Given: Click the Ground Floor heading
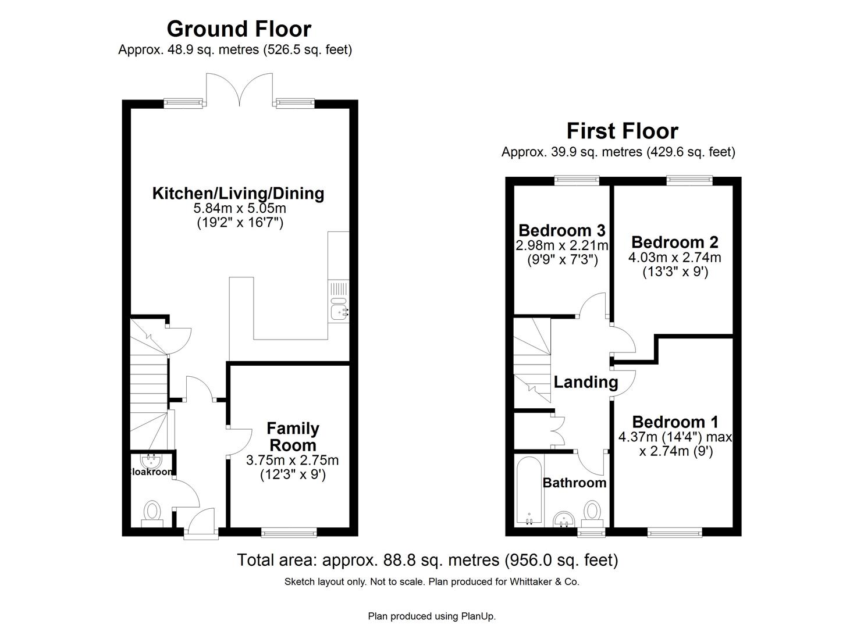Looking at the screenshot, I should coord(239,28).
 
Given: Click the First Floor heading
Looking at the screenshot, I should coord(622,131).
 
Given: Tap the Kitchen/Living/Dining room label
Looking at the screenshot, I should coord(238,193).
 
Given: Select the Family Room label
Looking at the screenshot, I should coord(292,437).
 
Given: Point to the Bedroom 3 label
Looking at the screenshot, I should coord(561,230).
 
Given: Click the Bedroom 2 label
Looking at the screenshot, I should coord(674,242).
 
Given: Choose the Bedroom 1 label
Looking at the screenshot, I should coord(675,422).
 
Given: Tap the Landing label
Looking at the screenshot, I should coord(585,382).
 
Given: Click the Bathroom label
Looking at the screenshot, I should coord(574,483).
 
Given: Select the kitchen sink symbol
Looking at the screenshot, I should coord(338,312).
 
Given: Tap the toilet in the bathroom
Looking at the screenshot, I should coord(592,512).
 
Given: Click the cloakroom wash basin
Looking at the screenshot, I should coord(152,461).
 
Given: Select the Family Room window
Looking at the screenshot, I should coord(289,531).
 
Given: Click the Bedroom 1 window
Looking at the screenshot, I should coord(674,531).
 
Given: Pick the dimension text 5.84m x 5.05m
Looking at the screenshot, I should coord(239,208).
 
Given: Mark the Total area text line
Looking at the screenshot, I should coord(427,560).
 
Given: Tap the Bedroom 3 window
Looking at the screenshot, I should coord(576,180).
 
